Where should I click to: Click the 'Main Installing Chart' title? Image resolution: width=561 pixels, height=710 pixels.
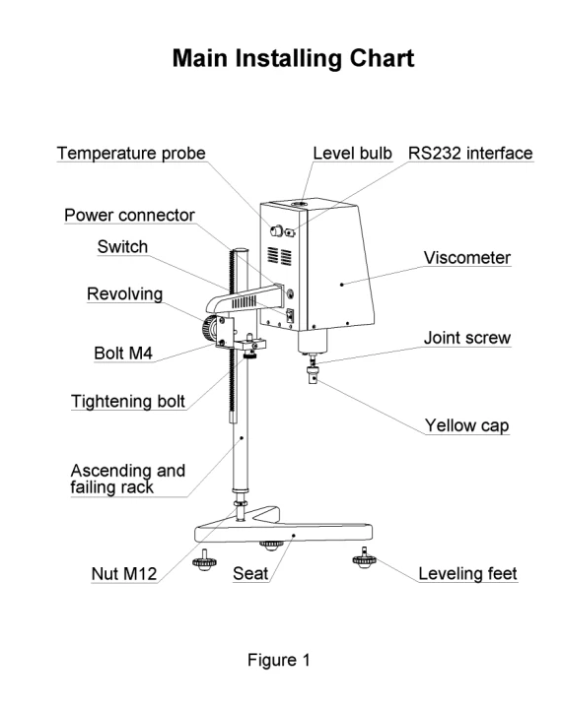click(x=293, y=58)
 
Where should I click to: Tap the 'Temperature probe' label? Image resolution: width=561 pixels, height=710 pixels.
click(x=131, y=154)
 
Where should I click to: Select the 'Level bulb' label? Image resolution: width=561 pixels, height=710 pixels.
click(x=352, y=154)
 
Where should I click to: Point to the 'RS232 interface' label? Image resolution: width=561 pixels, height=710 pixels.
click(x=470, y=154)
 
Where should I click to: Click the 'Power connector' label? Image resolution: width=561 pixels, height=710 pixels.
click(x=129, y=215)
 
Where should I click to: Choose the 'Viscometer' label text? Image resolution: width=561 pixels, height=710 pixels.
click(x=467, y=258)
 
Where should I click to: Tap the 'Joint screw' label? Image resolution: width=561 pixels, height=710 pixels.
click(x=467, y=338)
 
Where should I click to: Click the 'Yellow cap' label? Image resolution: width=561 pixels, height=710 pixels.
click(x=467, y=425)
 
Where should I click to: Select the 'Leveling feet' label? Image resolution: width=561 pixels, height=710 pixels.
click(x=467, y=574)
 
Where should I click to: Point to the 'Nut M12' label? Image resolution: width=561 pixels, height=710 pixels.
click(x=124, y=574)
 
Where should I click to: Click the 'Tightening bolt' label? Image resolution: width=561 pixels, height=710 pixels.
click(x=128, y=402)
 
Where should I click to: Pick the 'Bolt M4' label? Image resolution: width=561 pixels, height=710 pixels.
click(x=123, y=354)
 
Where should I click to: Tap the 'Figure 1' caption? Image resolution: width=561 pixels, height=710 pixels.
click(x=278, y=660)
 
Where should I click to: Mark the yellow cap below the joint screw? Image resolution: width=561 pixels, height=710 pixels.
click(x=313, y=375)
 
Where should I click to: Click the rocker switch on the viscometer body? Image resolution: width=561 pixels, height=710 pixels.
click(x=290, y=315)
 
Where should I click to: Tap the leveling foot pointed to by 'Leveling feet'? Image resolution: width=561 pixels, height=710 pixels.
click(x=364, y=558)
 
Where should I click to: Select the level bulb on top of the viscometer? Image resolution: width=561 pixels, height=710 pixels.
click(x=299, y=205)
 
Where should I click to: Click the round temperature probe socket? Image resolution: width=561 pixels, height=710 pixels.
click(x=276, y=231)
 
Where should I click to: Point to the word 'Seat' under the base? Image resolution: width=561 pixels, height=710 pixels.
click(x=250, y=574)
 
